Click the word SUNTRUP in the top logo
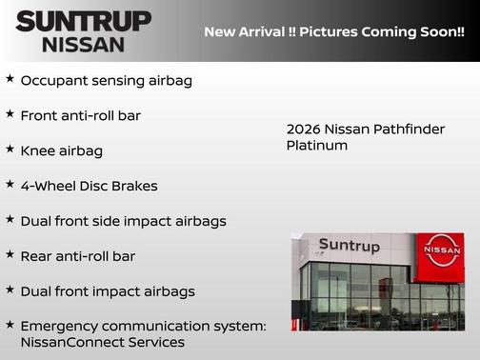[x=83, y=21]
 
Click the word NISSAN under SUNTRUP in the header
[x=83, y=44]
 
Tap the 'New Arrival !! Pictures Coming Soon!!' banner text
[x=333, y=31]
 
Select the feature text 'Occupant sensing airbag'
[x=106, y=81]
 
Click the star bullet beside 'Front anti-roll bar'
[x=10, y=114]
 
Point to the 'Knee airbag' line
[x=61, y=150]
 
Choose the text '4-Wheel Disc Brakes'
[x=89, y=186]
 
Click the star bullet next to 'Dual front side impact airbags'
[x=10, y=219]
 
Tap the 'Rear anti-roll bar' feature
[x=77, y=256]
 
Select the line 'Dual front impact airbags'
[x=107, y=291]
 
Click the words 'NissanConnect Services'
[x=102, y=342]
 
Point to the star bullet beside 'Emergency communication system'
[x=10, y=325]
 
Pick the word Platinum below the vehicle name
[x=317, y=146]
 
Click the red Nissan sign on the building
[x=441, y=256]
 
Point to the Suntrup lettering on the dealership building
[x=349, y=246]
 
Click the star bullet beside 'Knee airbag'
[x=10, y=150]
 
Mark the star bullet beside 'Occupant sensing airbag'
[x=10, y=79]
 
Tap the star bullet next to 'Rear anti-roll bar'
[x=10, y=254]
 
